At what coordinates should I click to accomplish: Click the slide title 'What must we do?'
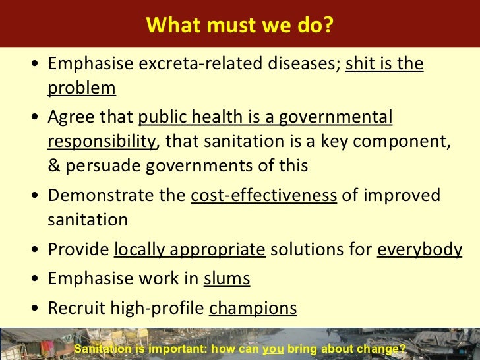(x=240, y=24)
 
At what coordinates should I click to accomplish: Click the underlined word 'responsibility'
(x=102, y=142)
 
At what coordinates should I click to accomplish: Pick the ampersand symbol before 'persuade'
(x=54, y=165)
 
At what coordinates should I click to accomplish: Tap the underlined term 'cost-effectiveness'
(x=264, y=196)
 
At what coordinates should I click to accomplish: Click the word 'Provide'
(x=78, y=250)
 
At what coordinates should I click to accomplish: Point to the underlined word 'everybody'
(x=419, y=250)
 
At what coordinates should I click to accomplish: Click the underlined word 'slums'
(x=227, y=279)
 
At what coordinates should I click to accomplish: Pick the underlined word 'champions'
(x=253, y=308)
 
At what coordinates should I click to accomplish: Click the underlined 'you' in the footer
(x=269, y=349)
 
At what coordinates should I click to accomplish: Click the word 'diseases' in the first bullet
(x=304, y=64)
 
